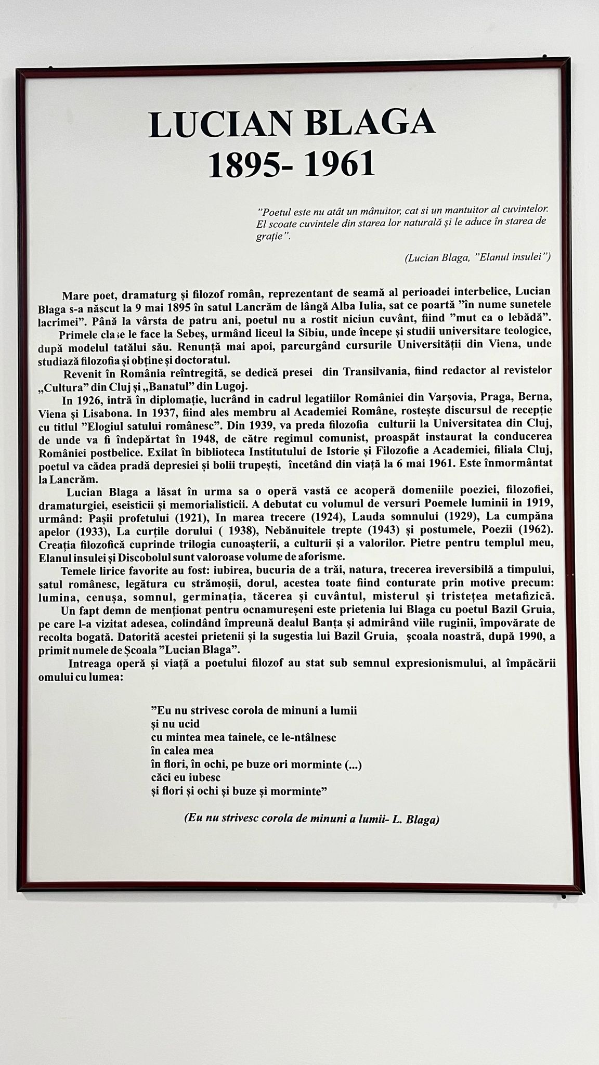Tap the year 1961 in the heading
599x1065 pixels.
pos(340,165)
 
